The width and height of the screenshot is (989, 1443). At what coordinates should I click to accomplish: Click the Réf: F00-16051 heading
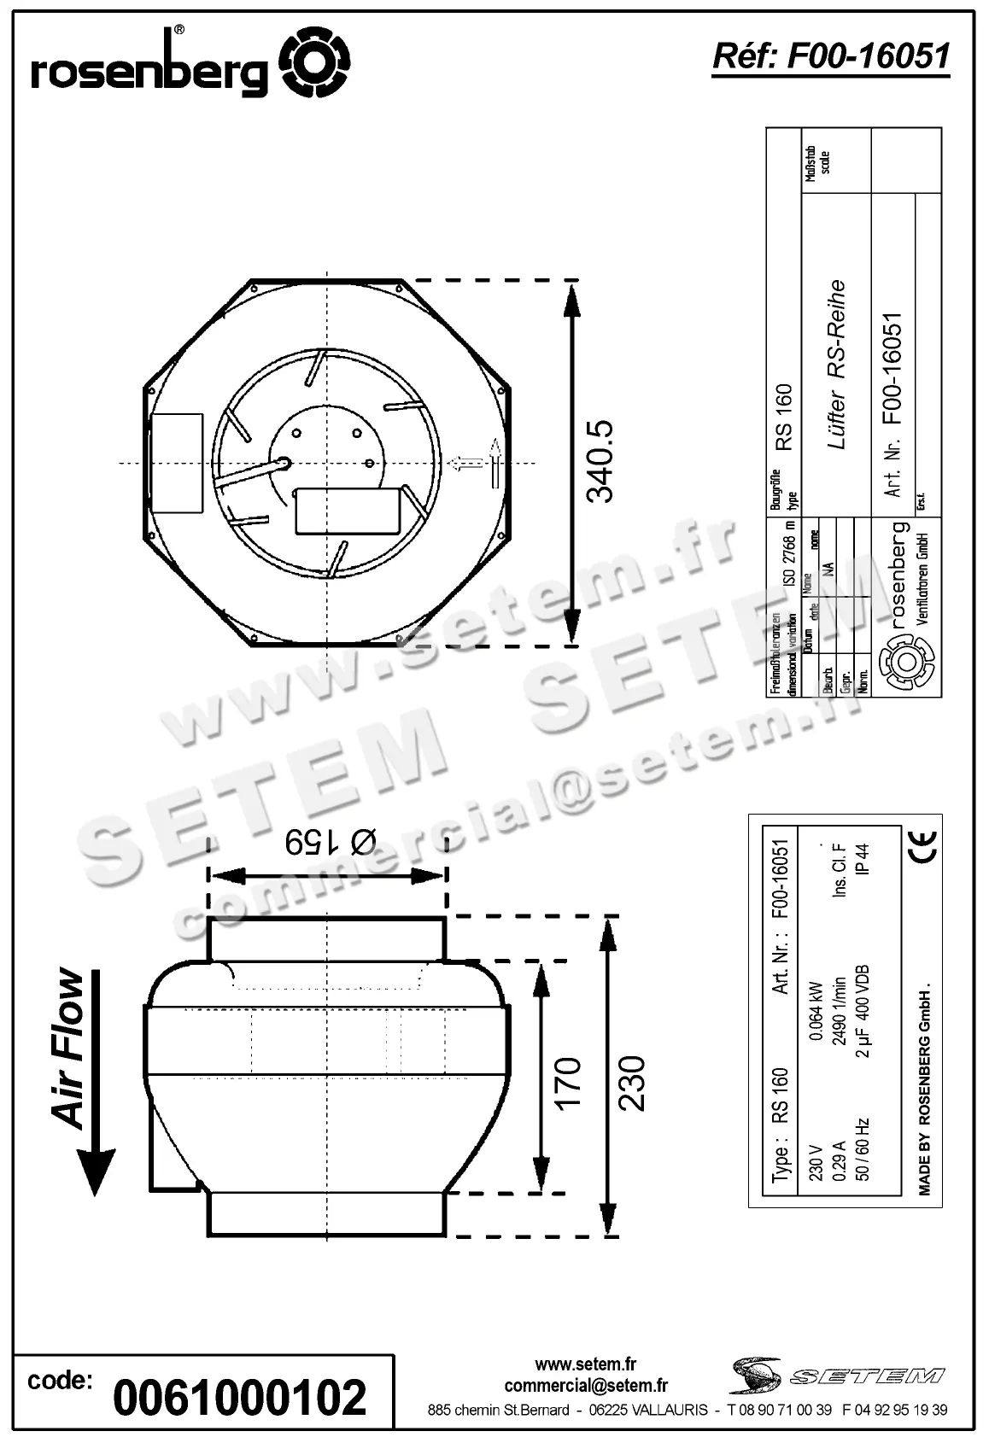tap(830, 55)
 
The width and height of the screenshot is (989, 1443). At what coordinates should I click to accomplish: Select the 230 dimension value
tap(632, 1083)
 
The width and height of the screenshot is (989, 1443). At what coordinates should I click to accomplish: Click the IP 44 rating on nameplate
tap(863, 860)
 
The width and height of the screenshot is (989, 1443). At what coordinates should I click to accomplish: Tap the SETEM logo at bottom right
tap(837, 1375)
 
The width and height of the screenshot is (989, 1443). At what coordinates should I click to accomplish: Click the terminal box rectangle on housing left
tap(176, 463)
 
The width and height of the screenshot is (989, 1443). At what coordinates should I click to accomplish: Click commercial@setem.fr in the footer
tap(586, 1386)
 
